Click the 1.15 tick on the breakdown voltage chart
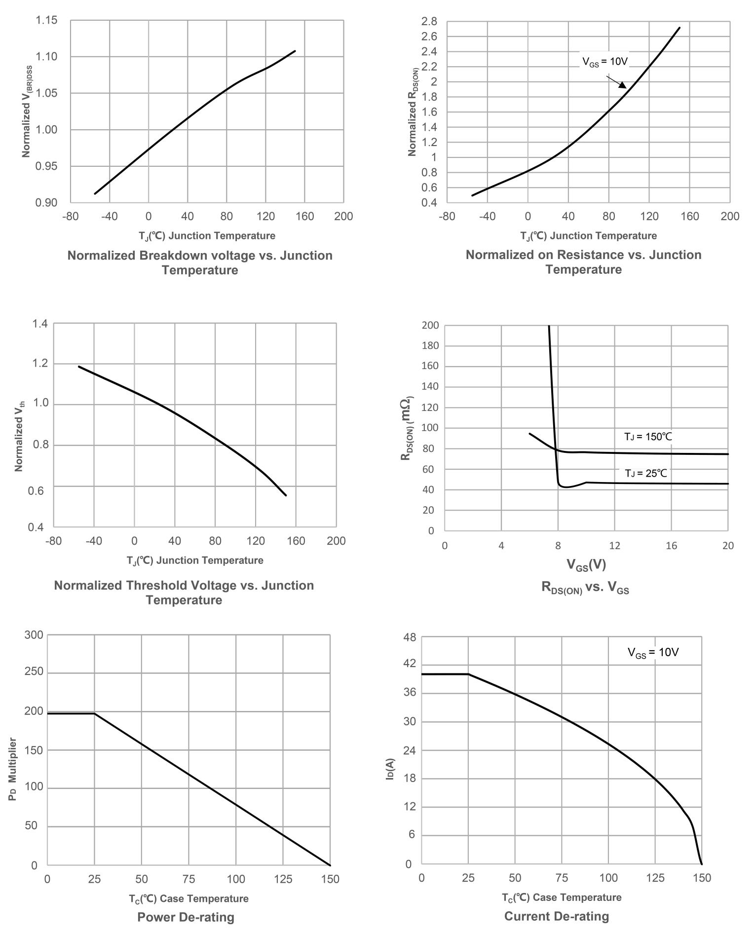[x=46, y=20]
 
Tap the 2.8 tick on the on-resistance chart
[x=429, y=21]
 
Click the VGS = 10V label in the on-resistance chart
[x=605, y=62]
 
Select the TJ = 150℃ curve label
[x=648, y=437]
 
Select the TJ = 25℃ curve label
[x=645, y=473]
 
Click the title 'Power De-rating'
[x=186, y=917]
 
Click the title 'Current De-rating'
[x=557, y=916]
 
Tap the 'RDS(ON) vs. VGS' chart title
[x=585, y=587]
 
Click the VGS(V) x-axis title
[x=586, y=564]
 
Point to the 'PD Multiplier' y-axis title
[x=13, y=769]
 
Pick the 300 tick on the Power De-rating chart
[x=34, y=634]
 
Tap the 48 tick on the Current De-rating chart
[x=410, y=637]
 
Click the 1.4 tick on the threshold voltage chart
[x=40, y=324]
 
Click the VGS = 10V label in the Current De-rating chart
[x=653, y=652]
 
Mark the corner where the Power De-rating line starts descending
[x=94, y=713]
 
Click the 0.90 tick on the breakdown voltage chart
[x=46, y=203]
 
